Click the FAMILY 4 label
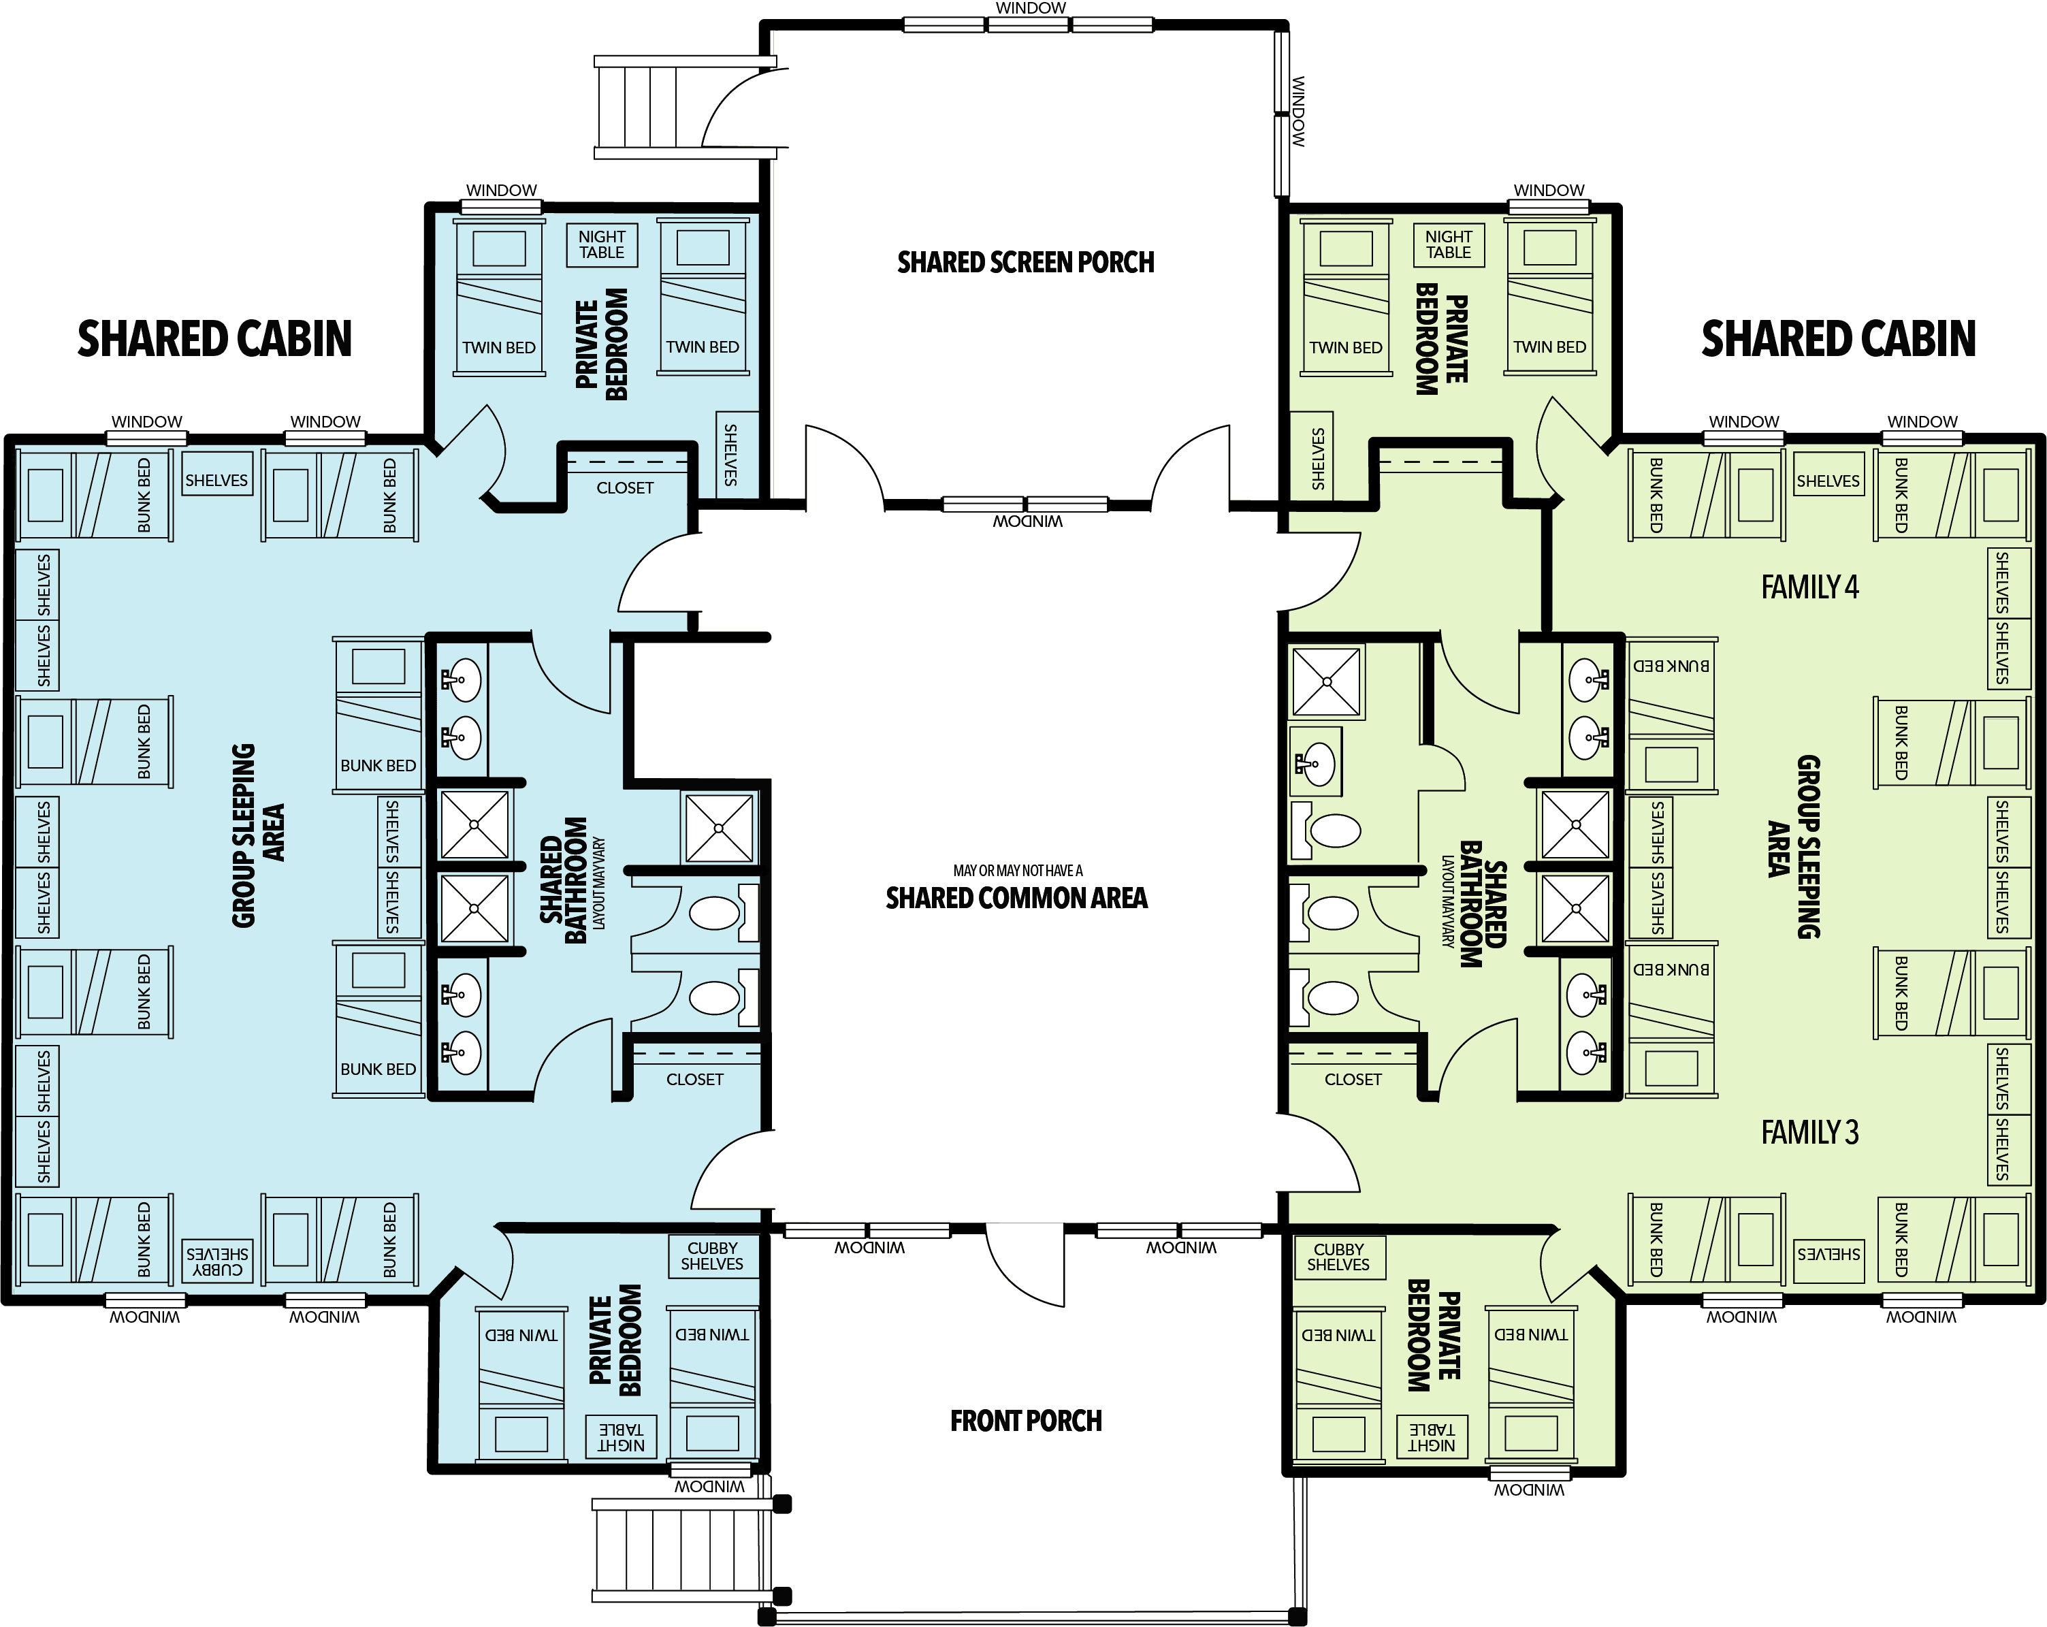pyautogui.click(x=1809, y=587)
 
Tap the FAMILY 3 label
pyautogui.click(x=1809, y=1133)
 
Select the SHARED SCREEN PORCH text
pyautogui.click(x=1025, y=262)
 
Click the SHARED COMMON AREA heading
pyautogui.click(x=1017, y=898)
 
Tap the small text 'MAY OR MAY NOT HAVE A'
pyautogui.click(x=1018, y=871)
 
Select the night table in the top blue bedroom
pyautogui.click(x=602, y=245)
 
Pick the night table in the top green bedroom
pyautogui.click(x=1449, y=245)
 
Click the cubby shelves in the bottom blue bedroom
pyautogui.click(x=712, y=1256)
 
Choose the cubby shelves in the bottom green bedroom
pyautogui.click(x=1339, y=1257)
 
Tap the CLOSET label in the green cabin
pyautogui.click(x=1353, y=1079)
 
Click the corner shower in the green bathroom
pyautogui.click(x=1326, y=681)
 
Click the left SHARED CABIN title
pyautogui.click(x=214, y=339)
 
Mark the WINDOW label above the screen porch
pyautogui.click(x=1030, y=7)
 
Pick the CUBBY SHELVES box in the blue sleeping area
pyautogui.click(x=217, y=1261)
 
